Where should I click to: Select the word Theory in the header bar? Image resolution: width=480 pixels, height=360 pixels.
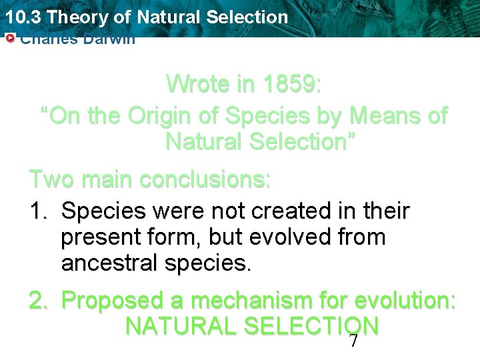(x=74, y=16)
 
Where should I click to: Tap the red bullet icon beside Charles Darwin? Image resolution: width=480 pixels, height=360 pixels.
(x=9, y=39)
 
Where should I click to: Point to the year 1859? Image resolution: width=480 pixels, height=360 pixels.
(x=291, y=84)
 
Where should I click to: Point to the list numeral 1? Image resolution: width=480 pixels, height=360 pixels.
(x=37, y=211)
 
